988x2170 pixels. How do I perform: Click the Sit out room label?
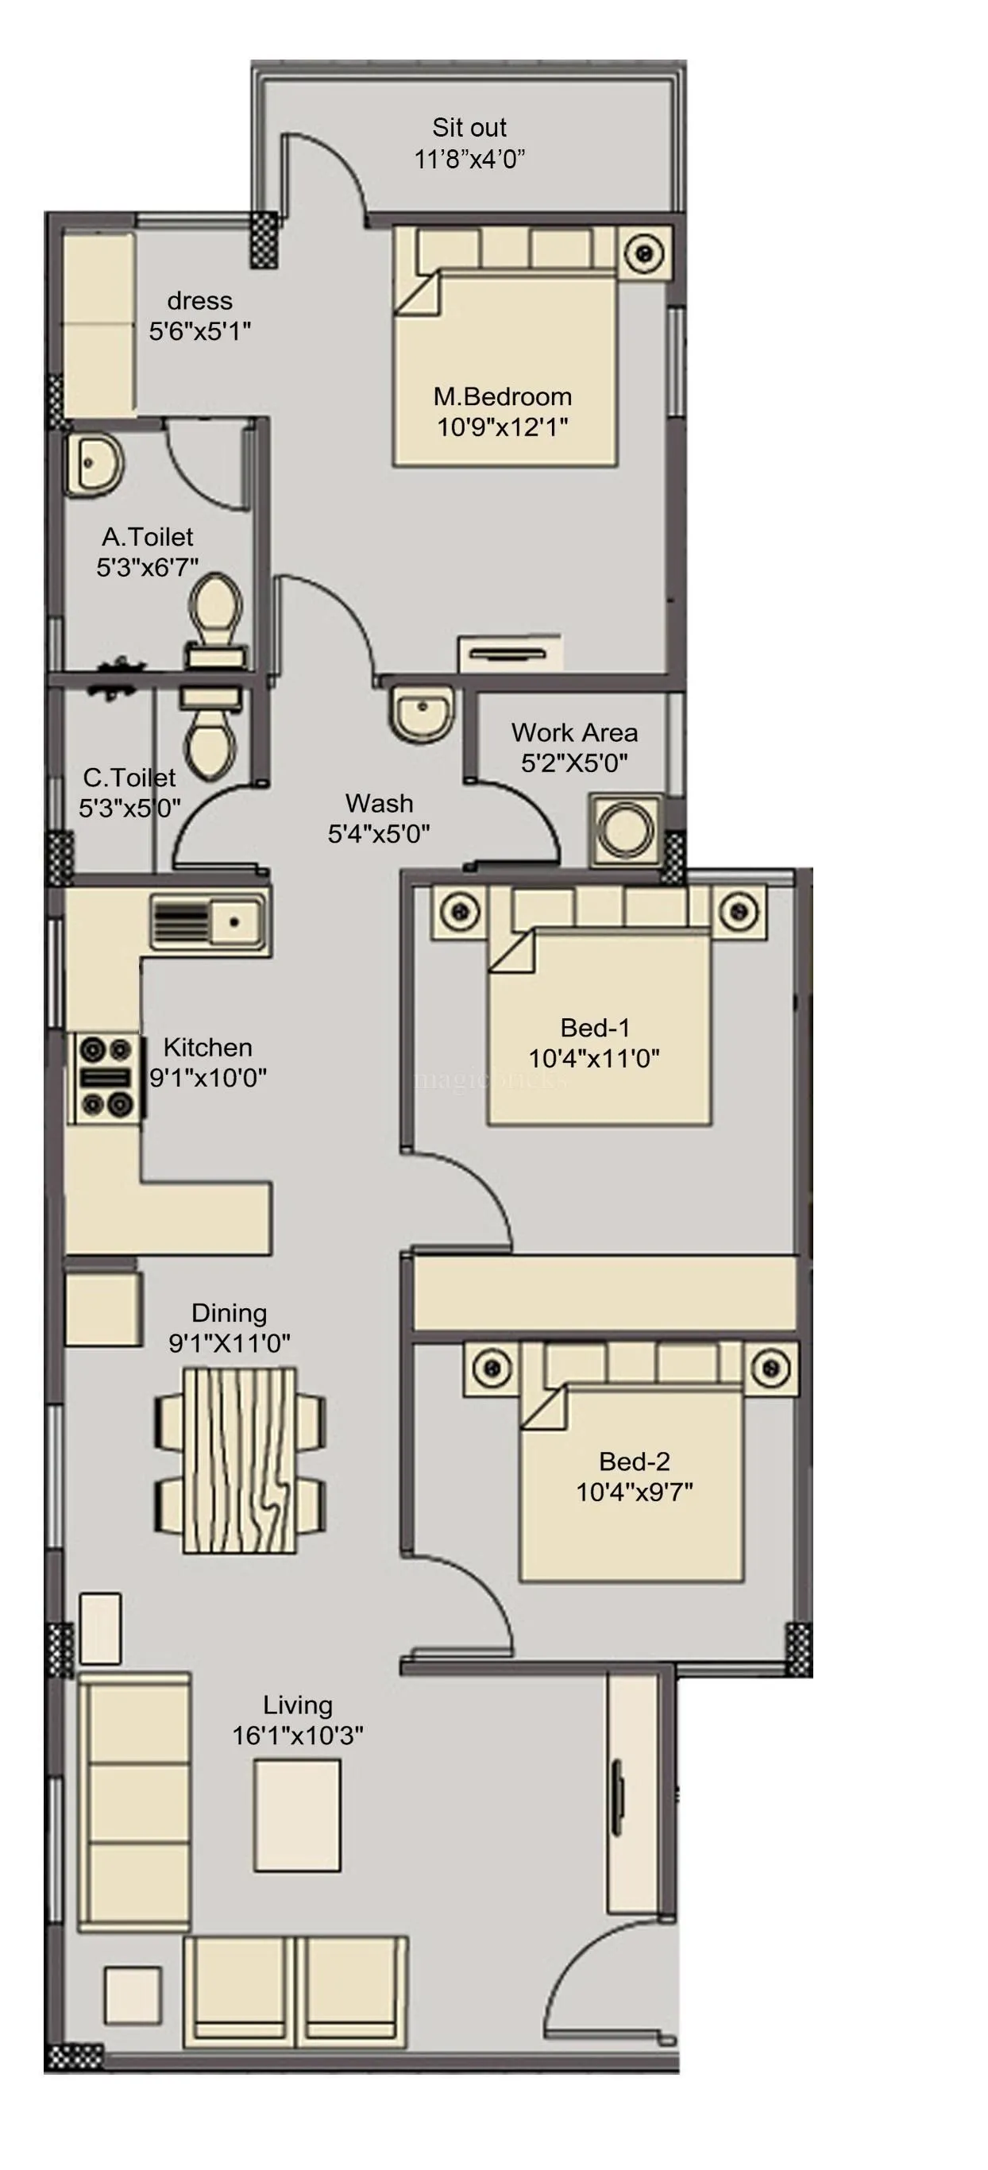[469, 128]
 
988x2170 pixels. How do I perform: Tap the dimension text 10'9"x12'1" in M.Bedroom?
[502, 427]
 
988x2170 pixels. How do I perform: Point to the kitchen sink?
[209, 921]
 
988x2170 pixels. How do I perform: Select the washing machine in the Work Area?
[625, 829]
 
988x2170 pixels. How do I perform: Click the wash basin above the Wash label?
[422, 713]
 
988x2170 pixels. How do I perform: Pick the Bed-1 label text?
[595, 1028]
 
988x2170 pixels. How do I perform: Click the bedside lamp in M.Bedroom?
[645, 253]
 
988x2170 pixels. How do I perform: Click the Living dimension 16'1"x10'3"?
[297, 1736]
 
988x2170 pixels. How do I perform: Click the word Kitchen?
[207, 1047]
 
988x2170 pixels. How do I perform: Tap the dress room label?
[199, 301]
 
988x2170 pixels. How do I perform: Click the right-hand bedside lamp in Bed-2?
[770, 1368]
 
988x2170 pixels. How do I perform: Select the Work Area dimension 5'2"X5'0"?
[574, 763]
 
